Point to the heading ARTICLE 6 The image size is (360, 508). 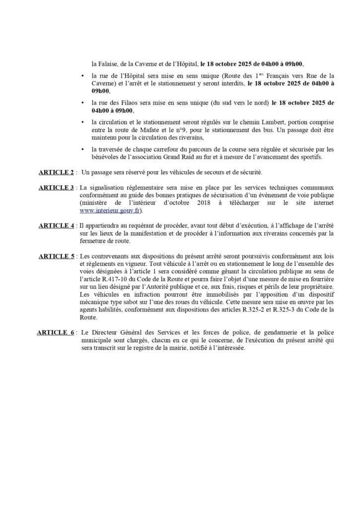[x=57, y=333]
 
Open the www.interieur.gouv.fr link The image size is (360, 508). [x=107, y=210]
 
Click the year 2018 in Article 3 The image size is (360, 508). [x=179, y=203]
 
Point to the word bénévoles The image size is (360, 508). [x=106, y=158]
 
